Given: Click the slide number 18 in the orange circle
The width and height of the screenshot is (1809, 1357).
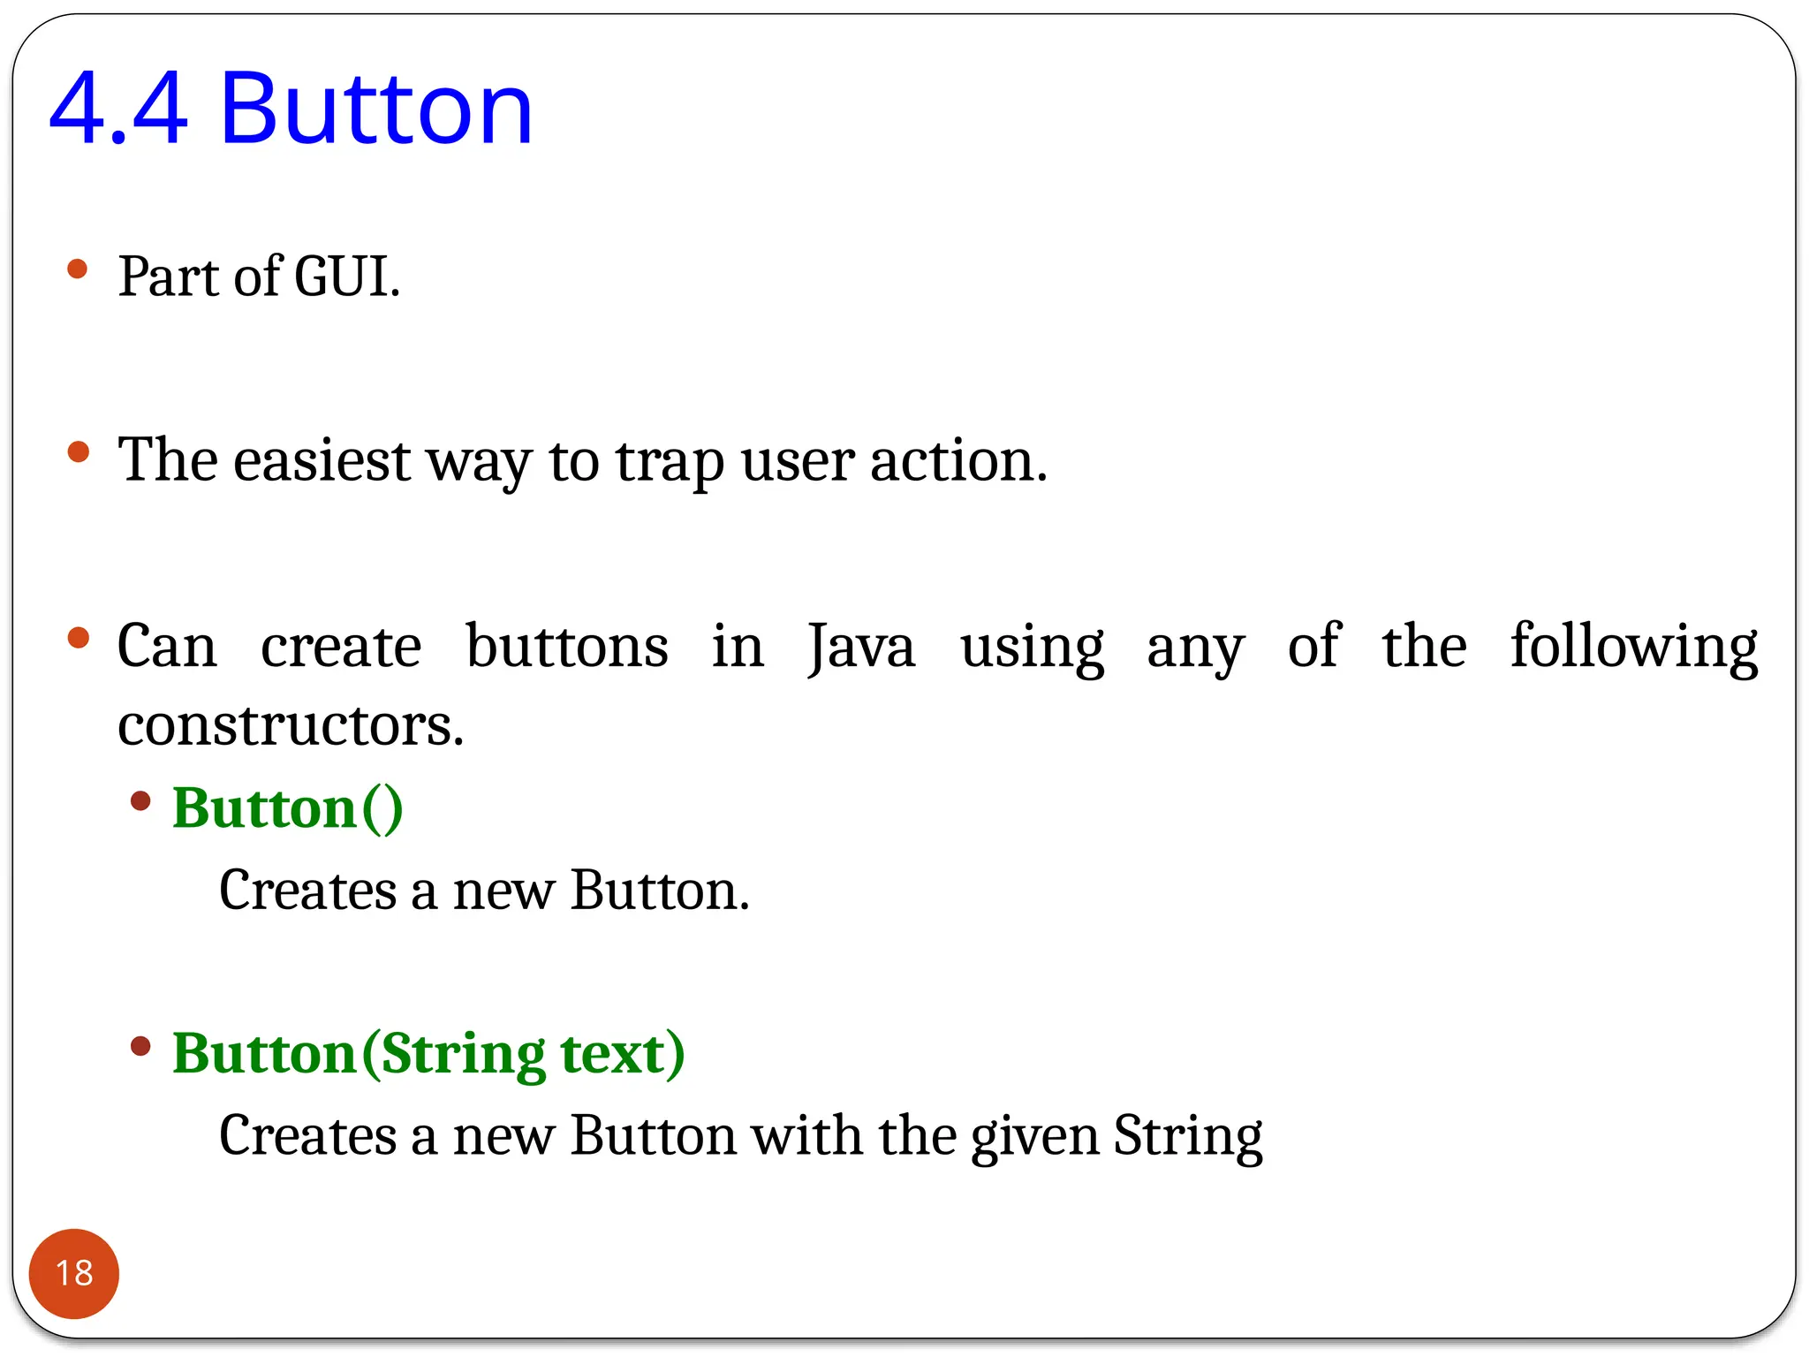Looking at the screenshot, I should point(74,1273).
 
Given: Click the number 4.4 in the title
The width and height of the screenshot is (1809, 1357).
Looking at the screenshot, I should point(118,110).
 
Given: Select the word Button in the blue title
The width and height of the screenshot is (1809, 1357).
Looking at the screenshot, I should point(376,110).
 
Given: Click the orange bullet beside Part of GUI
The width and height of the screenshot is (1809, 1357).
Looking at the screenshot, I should point(78,269).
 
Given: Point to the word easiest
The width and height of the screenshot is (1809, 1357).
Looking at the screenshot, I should point(322,460).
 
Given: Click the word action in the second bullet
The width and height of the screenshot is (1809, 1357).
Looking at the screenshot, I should point(957,460).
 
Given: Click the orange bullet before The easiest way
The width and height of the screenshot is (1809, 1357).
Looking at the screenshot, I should point(78,452).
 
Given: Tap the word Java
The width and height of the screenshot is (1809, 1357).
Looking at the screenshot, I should point(861,647).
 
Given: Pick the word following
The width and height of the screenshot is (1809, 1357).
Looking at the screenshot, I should point(1634,647).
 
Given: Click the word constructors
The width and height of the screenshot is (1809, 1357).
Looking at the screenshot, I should point(291,725).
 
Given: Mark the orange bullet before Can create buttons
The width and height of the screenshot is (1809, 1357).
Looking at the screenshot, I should point(78,638).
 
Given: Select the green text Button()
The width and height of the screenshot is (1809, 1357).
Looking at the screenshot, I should point(288,807).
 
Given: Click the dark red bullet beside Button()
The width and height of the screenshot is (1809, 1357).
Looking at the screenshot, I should point(140,801).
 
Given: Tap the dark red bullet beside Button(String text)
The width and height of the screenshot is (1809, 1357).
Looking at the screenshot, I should point(140,1047).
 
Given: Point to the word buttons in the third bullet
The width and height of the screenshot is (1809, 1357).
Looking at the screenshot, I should point(567,647).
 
